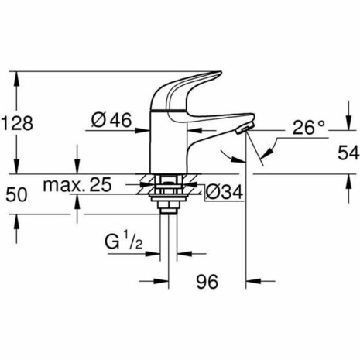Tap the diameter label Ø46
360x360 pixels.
[108, 120]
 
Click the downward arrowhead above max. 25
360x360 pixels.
[77, 170]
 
